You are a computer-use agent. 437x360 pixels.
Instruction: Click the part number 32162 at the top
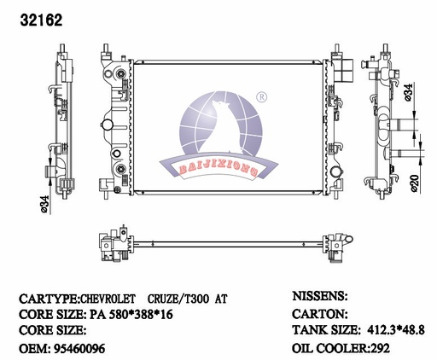coord(41,20)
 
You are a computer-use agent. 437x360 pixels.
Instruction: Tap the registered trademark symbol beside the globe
coord(262,97)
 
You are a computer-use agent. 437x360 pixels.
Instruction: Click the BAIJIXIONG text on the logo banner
coord(218,171)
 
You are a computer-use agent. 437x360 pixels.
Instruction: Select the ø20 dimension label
coord(415,183)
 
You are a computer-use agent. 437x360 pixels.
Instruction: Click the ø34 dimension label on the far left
coord(45,204)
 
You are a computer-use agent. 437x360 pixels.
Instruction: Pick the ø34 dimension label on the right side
coord(408,92)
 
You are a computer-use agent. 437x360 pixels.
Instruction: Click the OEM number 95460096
coord(79,348)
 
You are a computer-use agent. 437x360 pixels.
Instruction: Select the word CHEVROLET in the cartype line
coord(108,299)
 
